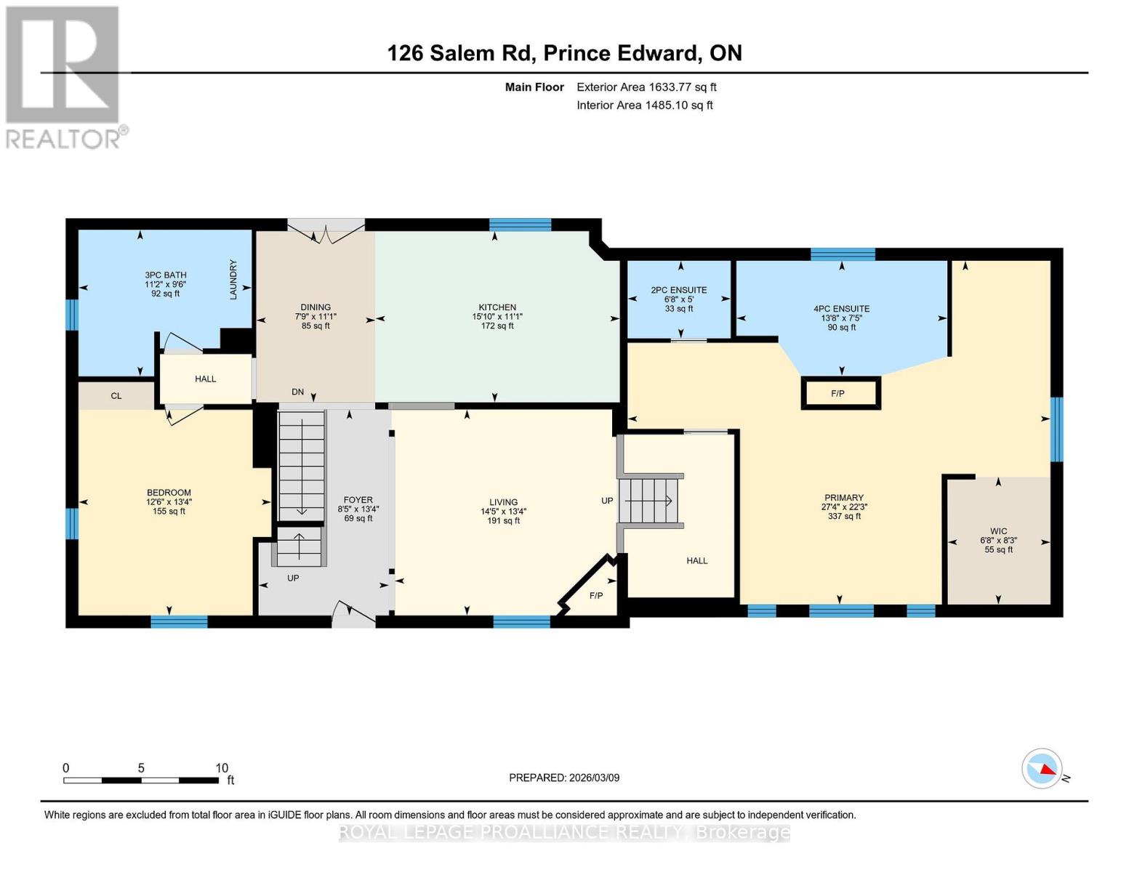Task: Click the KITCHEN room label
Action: tap(497, 307)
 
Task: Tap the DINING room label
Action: tap(316, 307)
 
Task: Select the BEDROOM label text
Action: tap(169, 493)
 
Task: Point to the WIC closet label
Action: tap(998, 531)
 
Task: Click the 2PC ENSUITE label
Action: tap(679, 290)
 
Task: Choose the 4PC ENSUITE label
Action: tap(841, 309)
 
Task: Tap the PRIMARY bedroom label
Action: tap(843, 498)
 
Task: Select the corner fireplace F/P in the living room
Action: tap(595, 595)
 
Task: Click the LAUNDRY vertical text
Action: tap(234, 280)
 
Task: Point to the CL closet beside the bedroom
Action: tap(116, 396)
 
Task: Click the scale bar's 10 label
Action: tap(222, 768)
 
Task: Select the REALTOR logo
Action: tap(63, 77)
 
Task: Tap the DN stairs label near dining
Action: tap(298, 392)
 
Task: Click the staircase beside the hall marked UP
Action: tap(651, 501)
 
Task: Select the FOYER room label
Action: tap(358, 500)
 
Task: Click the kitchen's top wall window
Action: tap(520, 225)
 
